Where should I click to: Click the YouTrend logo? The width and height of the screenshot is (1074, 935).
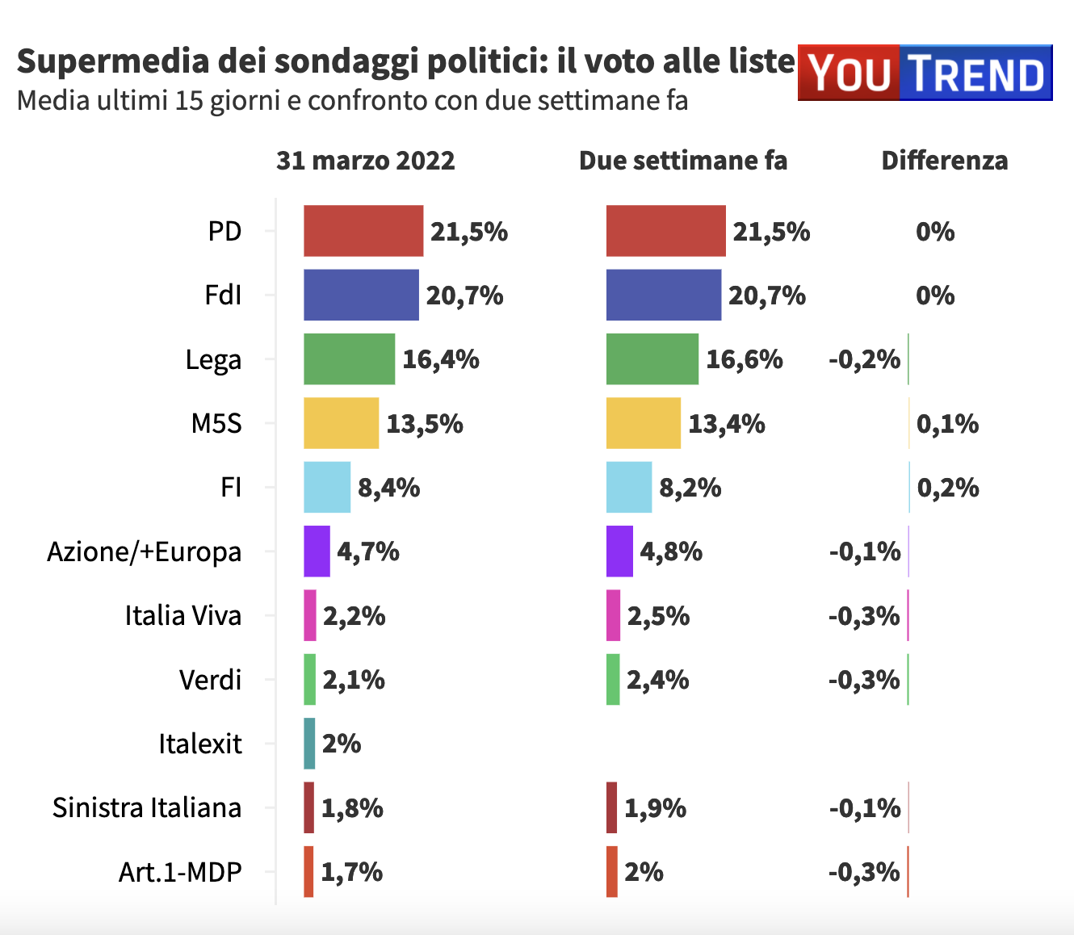(x=925, y=73)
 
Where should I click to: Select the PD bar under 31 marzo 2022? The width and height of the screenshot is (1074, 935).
(x=363, y=231)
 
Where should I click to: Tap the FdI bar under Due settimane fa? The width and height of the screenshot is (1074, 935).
(x=663, y=295)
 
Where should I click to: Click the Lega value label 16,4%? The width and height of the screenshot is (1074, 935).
(x=441, y=359)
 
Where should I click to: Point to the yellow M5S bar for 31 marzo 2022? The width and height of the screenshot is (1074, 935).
(x=341, y=423)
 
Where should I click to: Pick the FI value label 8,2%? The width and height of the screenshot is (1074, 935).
(x=690, y=488)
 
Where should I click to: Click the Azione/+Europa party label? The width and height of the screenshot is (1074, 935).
(x=145, y=551)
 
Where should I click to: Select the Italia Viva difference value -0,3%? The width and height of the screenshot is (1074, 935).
(x=864, y=616)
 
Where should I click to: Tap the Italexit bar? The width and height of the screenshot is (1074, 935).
(x=309, y=744)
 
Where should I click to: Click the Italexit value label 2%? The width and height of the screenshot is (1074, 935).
(x=342, y=744)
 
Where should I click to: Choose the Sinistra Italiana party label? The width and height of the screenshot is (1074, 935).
(x=147, y=807)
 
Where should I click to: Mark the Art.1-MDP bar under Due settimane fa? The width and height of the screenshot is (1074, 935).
(x=612, y=872)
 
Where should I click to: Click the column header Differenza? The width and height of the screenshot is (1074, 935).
(x=945, y=161)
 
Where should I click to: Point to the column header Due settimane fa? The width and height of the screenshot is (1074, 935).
(x=683, y=161)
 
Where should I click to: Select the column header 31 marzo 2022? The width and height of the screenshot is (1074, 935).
(x=366, y=161)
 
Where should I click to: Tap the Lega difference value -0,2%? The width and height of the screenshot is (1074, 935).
(x=864, y=359)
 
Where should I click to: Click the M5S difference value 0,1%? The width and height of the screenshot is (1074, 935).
(x=948, y=424)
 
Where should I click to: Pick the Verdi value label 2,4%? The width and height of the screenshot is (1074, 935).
(x=658, y=680)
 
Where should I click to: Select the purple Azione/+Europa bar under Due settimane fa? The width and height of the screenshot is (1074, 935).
(x=619, y=551)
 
